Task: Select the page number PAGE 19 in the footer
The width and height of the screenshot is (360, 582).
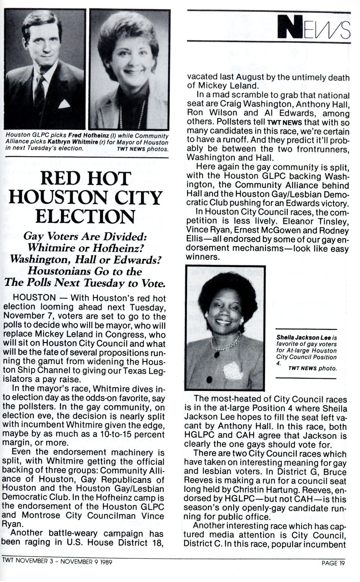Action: pos(333,563)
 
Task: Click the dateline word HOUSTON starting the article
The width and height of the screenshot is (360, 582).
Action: pos(34,298)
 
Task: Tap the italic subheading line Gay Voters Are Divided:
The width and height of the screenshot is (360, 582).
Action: pos(84,236)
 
